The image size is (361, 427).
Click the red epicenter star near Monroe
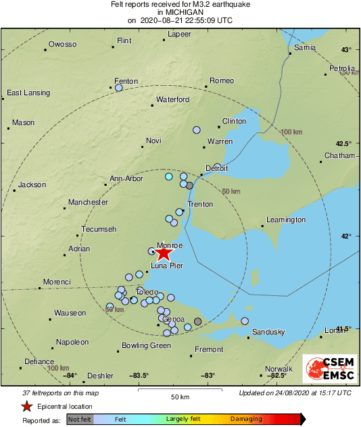click(163, 253)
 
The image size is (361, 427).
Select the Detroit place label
click(216, 168)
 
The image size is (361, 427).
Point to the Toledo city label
click(147, 292)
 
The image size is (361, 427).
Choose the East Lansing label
click(29, 93)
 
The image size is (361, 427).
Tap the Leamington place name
click(286, 220)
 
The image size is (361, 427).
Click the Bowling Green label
click(146, 345)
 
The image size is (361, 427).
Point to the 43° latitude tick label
click(347, 50)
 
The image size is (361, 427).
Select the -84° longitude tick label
click(70, 376)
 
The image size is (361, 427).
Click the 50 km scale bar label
click(179, 396)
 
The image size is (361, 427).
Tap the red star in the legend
click(26, 406)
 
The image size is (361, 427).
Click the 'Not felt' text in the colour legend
click(80, 419)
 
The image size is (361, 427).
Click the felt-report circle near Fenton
click(119, 88)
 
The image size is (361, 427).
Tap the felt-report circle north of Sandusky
click(245, 321)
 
